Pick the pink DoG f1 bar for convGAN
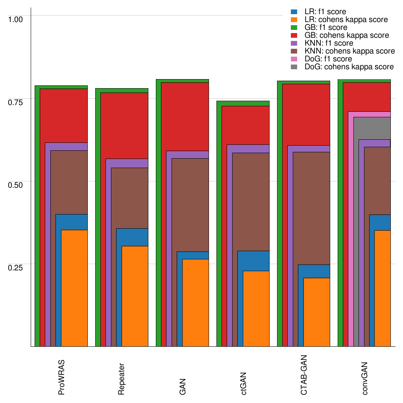pyautogui.click(x=351, y=228)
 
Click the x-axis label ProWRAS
pyautogui.click(x=61, y=377)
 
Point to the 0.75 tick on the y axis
pyautogui.click(x=16, y=102)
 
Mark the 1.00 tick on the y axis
pyautogui.click(x=16, y=19)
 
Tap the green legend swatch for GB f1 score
pyautogui.click(x=294, y=28)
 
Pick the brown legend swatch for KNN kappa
pyautogui.click(x=294, y=51)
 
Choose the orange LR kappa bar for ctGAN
pyautogui.click(x=256, y=309)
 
